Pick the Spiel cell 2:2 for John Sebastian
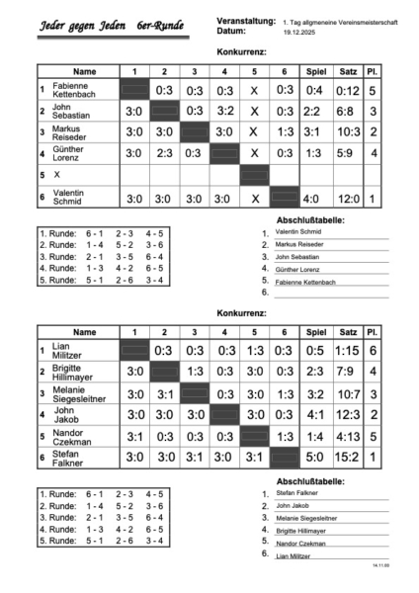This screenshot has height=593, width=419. (313, 111)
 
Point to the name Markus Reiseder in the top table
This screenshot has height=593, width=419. (75, 132)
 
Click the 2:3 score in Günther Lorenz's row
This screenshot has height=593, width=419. (164, 153)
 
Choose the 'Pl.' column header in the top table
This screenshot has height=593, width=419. (374, 71)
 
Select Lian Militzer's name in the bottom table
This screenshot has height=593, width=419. (68, 351)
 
